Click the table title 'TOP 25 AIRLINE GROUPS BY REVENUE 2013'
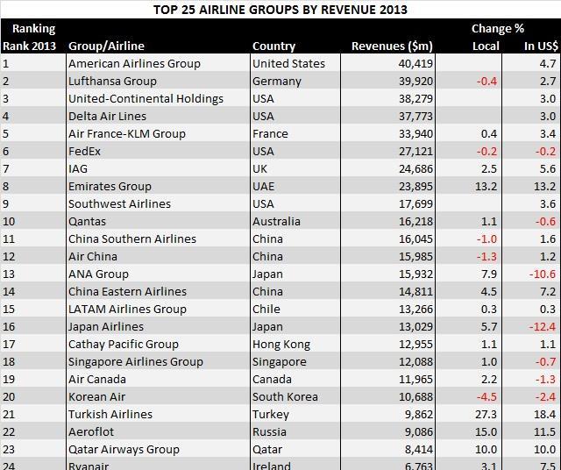pos(280,10)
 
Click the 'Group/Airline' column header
pos(106,46)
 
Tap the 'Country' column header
pos(273,46)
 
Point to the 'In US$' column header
pos(540,46)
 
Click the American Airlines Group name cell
pos(134,63)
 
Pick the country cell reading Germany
pos(276,81)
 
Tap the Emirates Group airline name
pos(110,186)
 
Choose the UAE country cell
pos(264,186)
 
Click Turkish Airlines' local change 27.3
pos(485,414)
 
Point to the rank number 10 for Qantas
pos(10,221)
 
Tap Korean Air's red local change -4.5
pos(485,396)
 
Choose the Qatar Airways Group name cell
pos(124,449)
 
